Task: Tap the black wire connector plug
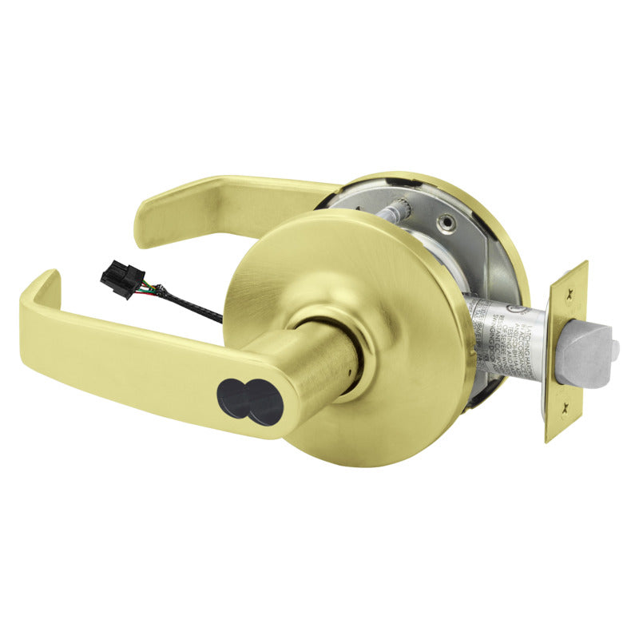click(116, 280)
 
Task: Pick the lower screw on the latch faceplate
click(564, 406)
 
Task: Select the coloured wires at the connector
click(143, 288)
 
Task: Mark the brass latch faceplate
click(568, 351)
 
